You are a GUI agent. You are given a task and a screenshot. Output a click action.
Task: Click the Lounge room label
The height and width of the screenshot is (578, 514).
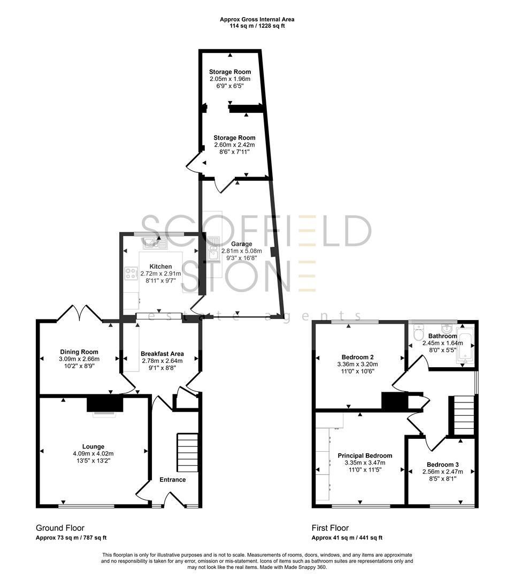[93, 446]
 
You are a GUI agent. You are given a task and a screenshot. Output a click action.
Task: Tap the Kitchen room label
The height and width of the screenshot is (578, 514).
[160, 266]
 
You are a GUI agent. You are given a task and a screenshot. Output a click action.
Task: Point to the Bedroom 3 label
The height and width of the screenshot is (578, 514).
[442, 464]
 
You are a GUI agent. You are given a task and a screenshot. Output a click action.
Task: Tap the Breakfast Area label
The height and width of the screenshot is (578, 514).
[162, 354]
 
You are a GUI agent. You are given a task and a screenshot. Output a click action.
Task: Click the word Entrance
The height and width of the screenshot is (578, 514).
[173, 480]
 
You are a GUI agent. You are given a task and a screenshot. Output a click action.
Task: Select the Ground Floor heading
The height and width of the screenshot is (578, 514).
[60, 528]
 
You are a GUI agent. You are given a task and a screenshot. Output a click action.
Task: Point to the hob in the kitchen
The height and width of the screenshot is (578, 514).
[130, 273]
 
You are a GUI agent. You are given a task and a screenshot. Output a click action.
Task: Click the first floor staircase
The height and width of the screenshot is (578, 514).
[464, 415]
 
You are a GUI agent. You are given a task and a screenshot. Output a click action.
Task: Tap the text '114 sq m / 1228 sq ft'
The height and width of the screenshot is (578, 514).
[257, 26]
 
